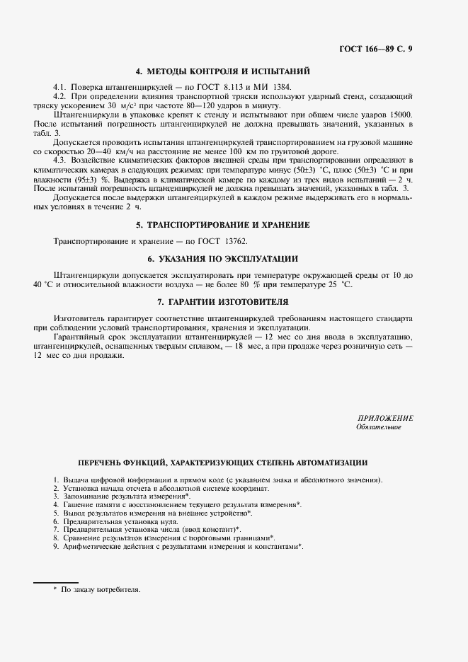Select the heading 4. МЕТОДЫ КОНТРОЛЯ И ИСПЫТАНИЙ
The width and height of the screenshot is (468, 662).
point(222,71)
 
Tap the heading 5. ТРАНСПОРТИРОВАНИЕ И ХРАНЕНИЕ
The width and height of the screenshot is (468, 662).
point(222,225)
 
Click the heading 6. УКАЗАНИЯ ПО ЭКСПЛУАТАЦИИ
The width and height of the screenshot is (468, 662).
point(222,258)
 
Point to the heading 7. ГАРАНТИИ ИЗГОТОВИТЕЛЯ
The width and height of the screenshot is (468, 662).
point(222,301)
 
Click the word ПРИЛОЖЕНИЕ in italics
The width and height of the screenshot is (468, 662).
point(385,419)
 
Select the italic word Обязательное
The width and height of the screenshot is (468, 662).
point(379,427)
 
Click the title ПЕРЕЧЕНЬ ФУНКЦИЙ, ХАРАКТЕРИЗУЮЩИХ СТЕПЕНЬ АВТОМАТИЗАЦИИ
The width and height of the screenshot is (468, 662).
point(222,463)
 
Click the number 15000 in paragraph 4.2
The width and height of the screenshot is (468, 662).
point(401,114)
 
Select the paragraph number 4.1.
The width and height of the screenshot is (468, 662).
point(59,86)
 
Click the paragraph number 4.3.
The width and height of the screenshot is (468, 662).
point(59,159)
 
